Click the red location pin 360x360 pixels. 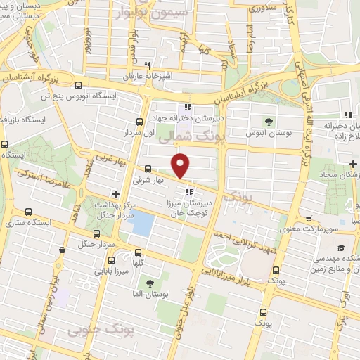point(181,165)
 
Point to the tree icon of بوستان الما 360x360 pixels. point(148,283)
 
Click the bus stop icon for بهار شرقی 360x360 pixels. point(148,169)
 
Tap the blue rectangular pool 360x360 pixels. point(143,224)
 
